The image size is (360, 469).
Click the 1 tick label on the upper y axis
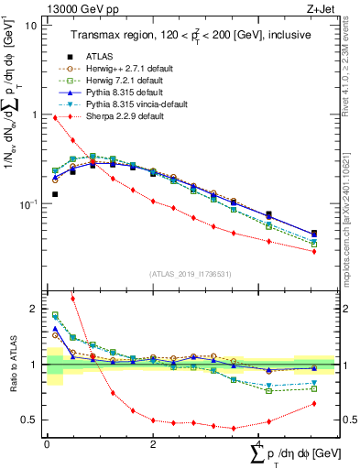[34, 115]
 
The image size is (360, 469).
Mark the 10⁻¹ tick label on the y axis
[27, 203]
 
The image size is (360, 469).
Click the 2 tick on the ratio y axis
[34, 309]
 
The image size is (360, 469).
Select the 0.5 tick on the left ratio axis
[29, 420]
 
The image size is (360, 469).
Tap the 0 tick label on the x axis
[47, 442]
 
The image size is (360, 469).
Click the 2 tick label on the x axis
[153, 442]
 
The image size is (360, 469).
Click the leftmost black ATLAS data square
[55, 194]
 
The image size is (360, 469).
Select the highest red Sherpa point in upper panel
[55, 117]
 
